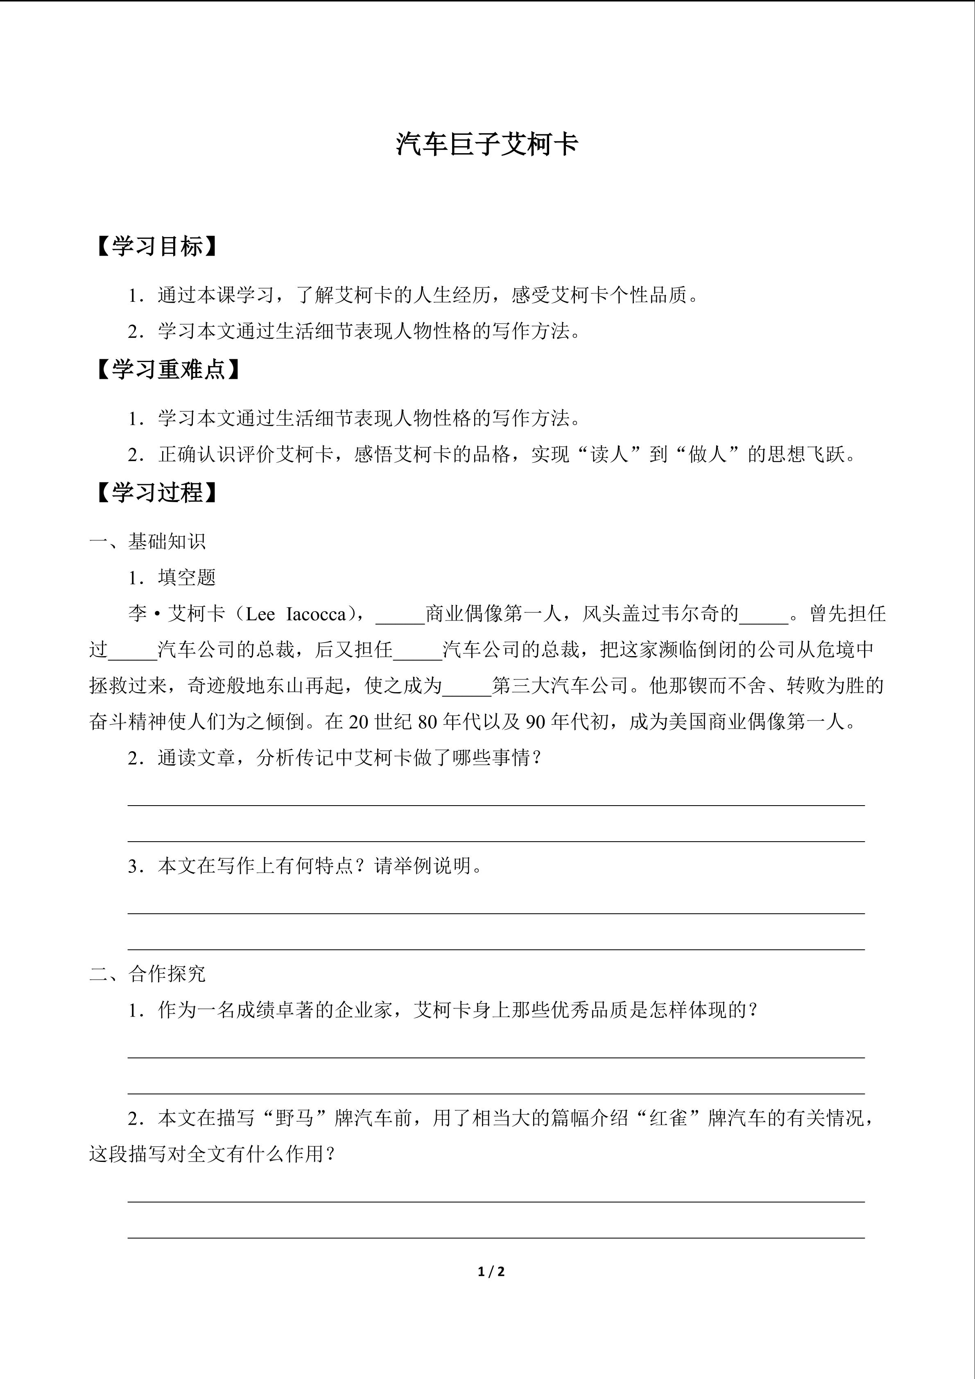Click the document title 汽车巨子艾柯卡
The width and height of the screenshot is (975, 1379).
487,145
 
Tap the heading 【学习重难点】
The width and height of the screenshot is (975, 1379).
168,369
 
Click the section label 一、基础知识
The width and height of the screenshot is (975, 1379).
148,541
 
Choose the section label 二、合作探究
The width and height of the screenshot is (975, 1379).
148,974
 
